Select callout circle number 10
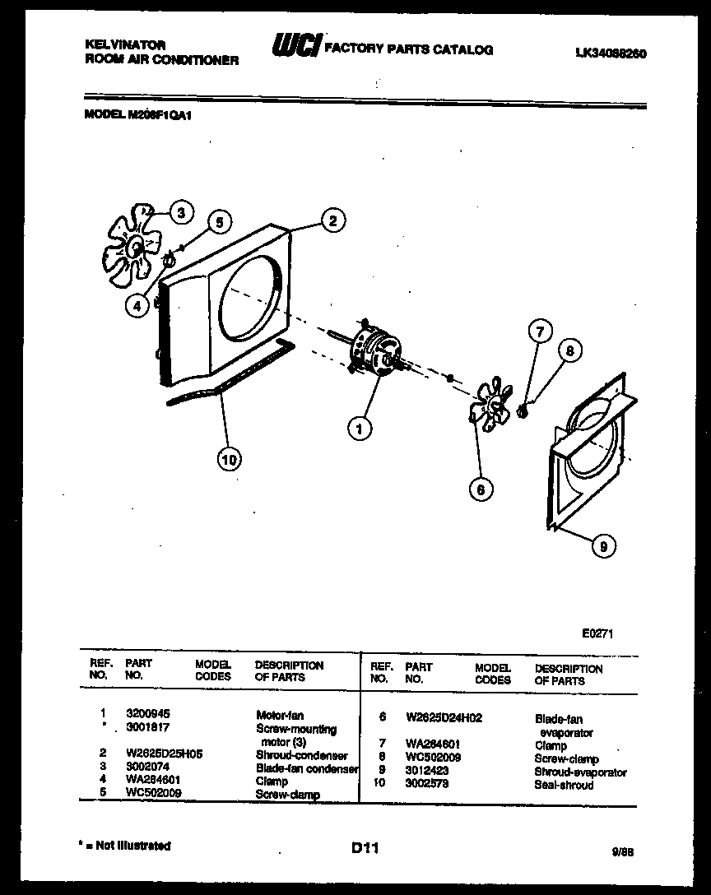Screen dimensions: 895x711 [x=229, y=460]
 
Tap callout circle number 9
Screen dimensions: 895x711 [x=603, y=545]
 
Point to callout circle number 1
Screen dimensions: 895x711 [x=358, y=427]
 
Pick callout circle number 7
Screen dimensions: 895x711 [x=539, y=332]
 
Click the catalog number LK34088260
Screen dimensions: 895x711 [x=610, y=53]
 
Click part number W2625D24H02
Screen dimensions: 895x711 [x=444, y=717]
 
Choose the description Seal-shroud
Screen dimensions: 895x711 [x=564, y=785]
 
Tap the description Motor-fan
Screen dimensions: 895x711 [x=280, y=716]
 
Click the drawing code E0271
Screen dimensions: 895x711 [x=597, y=633]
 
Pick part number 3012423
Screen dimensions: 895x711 [x=426, y=772]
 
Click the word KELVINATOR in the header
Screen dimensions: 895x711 [x=125, y=45]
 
